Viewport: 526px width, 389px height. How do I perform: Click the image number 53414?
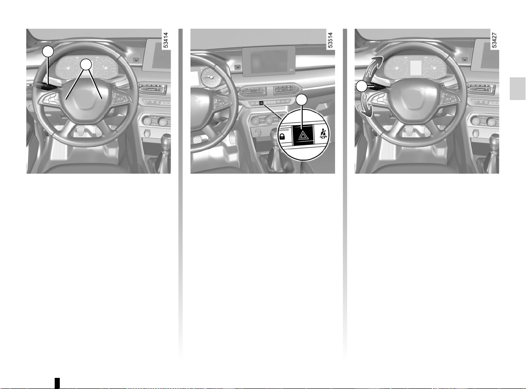[165, 40]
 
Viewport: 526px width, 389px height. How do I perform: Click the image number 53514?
[330, 40]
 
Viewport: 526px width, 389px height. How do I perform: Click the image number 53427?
[494, 40]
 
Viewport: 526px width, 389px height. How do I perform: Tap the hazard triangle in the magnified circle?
[303, 135]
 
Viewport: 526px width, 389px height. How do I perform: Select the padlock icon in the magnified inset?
[282, 136]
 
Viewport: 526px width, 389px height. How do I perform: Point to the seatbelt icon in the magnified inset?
[323, 134]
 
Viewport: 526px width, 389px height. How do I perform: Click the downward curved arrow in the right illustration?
[367, 106]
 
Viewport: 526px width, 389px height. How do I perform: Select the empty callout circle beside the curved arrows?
[361, 87]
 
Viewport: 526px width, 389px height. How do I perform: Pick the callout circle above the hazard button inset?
[302, 100]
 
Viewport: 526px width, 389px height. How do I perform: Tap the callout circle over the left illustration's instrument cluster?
[86, 64]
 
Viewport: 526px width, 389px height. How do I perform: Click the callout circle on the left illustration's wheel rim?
[48, 51]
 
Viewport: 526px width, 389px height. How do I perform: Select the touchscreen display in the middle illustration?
[269, 61]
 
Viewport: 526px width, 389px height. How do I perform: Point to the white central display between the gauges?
[416, 68]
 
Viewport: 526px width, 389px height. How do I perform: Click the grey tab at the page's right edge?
[518, 88]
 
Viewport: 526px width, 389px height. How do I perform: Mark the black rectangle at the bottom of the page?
[57, 383]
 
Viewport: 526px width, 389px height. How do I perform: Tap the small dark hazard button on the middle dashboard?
[261, 103]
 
